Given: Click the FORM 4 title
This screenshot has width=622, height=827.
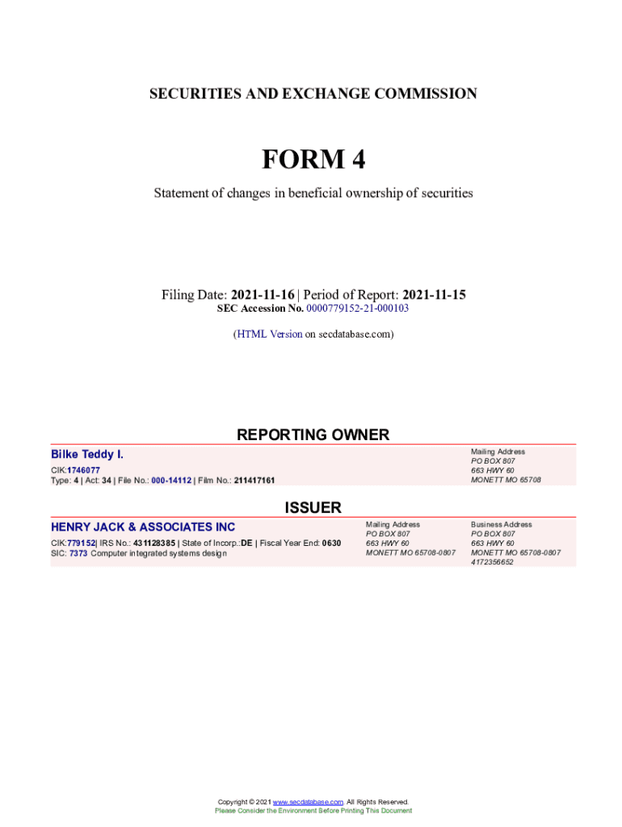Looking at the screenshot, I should click(x=313, y=160).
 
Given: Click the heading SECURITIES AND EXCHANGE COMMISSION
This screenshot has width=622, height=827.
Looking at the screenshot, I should click(x=313, y=94).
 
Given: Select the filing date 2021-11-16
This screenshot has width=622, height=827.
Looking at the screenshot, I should click(x=263, y=295).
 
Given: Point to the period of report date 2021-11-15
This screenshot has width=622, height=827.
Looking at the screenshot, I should click(x=434, y=295).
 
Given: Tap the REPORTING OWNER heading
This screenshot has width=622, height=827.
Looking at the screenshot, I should click(x=313, y=434).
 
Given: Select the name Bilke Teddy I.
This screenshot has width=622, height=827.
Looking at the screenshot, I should click(x=87, y=455).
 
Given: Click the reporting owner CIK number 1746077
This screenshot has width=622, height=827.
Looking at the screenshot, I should click(x=84, y=470).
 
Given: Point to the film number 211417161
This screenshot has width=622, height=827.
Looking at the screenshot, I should click(x=254, y=481).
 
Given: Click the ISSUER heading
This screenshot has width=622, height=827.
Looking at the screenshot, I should click(x=313, y=508).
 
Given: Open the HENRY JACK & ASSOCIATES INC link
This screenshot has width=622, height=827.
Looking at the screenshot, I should click(x=143, y=527).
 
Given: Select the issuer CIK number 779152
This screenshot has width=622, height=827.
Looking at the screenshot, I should click(x=82, y=543).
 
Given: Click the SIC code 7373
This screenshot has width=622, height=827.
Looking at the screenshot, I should click(x=78, y=553).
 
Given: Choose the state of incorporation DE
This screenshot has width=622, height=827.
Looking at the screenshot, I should click(x=246, y=543).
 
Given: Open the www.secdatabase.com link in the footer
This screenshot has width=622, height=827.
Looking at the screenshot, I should click(x=309, y=802).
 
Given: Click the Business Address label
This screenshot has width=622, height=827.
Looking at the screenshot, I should click(x=502, y=524).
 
